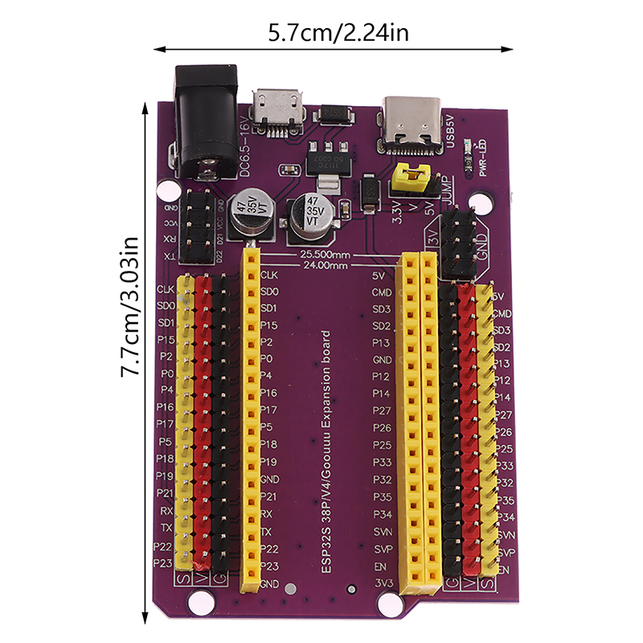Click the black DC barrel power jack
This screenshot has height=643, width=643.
205,125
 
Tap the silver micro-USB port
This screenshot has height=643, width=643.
277,108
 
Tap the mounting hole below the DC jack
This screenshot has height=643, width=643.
168,192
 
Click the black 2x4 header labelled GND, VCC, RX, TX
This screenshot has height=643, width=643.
196,227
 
